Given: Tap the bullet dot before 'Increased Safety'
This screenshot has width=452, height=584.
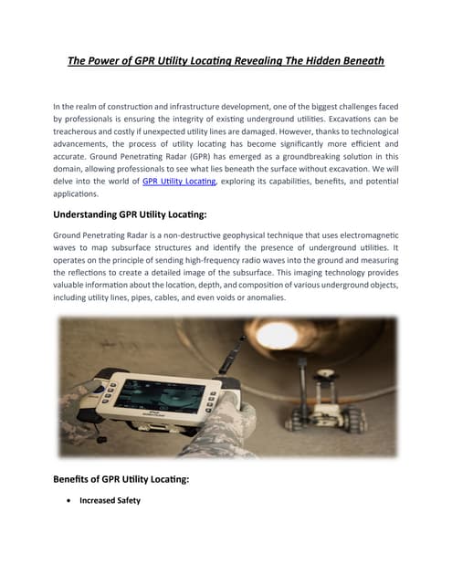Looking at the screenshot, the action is pyautogui.click(x=70, y=501).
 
